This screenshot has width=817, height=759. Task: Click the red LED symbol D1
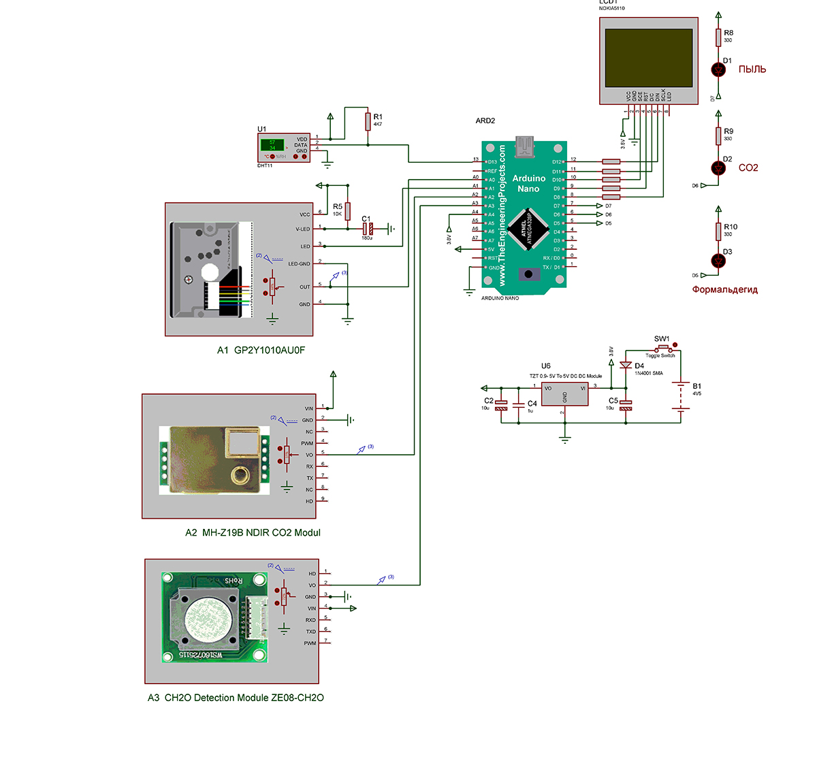pos(718,69)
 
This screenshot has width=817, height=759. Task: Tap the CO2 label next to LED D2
pos(748,167)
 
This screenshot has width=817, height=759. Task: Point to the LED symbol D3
pos(718,261)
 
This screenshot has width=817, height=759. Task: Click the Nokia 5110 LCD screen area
pos(648,58)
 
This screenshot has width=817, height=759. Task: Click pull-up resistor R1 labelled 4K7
pos(368,121)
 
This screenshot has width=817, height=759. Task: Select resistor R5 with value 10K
pos(348,211)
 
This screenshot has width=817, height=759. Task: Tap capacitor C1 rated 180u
pos(368,229)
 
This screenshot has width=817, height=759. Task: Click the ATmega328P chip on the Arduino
pos(529,228)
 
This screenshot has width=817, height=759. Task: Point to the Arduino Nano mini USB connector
pos(524,146)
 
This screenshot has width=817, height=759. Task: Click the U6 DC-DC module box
pos(564,395)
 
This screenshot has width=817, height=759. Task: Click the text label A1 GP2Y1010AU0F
pos(261,351)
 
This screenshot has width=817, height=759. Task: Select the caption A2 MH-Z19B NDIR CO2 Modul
pos(253,532)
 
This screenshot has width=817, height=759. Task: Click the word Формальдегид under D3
pos(724,289)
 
